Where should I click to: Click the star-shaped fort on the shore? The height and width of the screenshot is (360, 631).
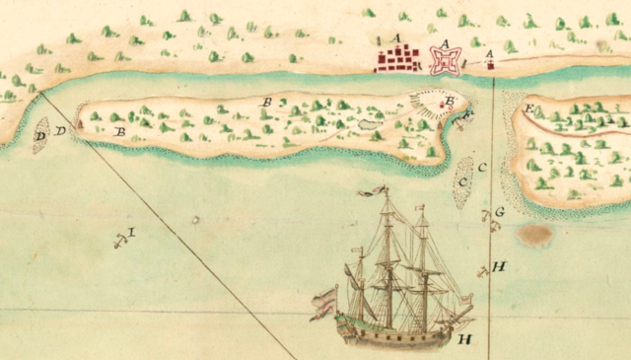[444, 62]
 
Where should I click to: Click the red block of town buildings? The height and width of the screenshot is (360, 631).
[396, 61]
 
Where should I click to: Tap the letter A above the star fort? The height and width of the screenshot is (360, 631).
[445, 41]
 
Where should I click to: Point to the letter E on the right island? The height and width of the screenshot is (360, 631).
[529, 108]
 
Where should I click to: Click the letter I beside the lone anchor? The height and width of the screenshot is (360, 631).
[131, 232]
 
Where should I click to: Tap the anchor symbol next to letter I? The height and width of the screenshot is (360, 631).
[118, 239]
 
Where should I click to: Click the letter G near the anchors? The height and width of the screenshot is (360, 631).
[499, 211]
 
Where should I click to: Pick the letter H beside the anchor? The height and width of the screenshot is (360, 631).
[499, 267]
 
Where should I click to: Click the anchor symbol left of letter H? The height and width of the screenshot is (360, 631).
[481, 270]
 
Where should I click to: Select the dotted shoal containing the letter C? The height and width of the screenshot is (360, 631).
[462, 182]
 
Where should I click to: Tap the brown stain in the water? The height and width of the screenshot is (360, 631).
[535, 235]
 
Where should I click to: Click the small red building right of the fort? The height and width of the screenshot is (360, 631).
[489, 66]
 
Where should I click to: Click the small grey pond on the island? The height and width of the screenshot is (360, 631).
[369, 124]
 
